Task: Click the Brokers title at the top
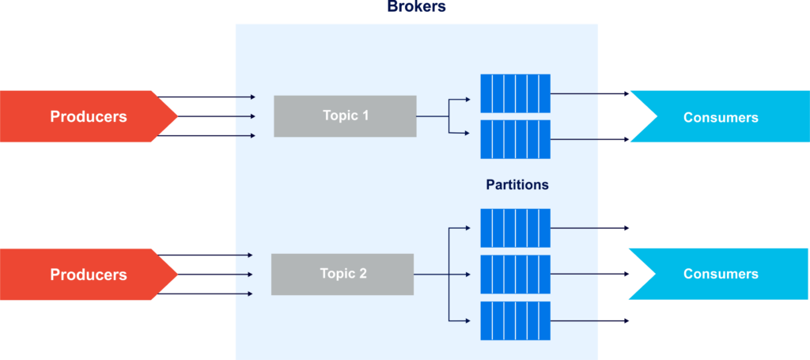coord(416,6)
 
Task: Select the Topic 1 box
coord(345,116)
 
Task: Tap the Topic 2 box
coord(343,275)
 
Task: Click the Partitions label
coord(517,185)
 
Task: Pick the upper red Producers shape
coord(89,116)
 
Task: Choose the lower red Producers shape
coord(89,275)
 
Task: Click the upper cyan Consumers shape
coord(720,117)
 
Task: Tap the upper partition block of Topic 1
coord(515,93)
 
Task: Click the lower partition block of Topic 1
coord(515,139)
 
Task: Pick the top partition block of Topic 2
coord(515,229)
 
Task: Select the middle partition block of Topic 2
coord(515,275)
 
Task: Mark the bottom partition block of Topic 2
coord(515,320)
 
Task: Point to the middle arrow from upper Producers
coord(217,117)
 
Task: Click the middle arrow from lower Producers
coord(215,275)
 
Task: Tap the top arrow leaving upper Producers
coord(206,97)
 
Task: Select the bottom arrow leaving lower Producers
coord(205,294)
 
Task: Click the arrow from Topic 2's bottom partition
coord(589,320)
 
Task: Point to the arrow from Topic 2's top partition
coord(589,229)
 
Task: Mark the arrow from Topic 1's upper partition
coord(589,94)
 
